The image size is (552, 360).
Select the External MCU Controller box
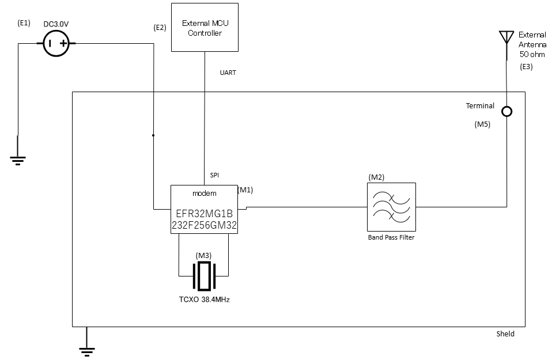[205, 28]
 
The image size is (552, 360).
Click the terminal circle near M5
[506, 111]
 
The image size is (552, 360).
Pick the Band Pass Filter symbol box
[391, 207]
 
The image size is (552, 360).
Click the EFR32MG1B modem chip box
[205, 209]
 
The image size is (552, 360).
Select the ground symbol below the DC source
[18, 160]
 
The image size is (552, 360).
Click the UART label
[228, 73]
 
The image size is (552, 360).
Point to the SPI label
[214, 175]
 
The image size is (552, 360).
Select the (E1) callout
[24, 24]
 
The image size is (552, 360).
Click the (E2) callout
[160, 27]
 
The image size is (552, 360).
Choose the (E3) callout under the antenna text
[526, 67]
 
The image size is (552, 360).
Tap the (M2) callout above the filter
[376, 177]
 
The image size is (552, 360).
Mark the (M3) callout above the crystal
[204, 255]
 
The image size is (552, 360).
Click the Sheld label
[505, 334]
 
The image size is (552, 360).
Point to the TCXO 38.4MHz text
[205, 300]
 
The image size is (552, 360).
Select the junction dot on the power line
[153, 135]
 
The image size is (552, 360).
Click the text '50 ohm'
[532, 55]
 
